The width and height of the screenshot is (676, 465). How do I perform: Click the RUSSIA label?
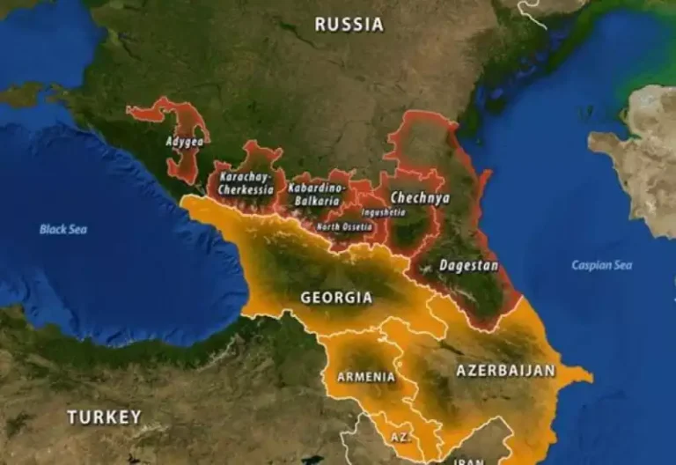click(349, 25)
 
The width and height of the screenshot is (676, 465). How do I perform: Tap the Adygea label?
click(183, 141)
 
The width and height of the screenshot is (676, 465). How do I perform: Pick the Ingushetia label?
click(383, 212)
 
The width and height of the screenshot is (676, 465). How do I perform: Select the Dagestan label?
click(468, 265)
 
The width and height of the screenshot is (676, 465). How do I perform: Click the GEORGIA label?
click(336, 298)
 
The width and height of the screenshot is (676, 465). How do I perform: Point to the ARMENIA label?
click(366, 376)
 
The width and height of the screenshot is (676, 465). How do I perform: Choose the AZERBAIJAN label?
click(505, 371)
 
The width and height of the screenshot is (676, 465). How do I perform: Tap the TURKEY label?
click(104, 417)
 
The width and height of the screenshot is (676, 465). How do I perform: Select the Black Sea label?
click(63, 229)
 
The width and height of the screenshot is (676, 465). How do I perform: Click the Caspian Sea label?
click(601, 265)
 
